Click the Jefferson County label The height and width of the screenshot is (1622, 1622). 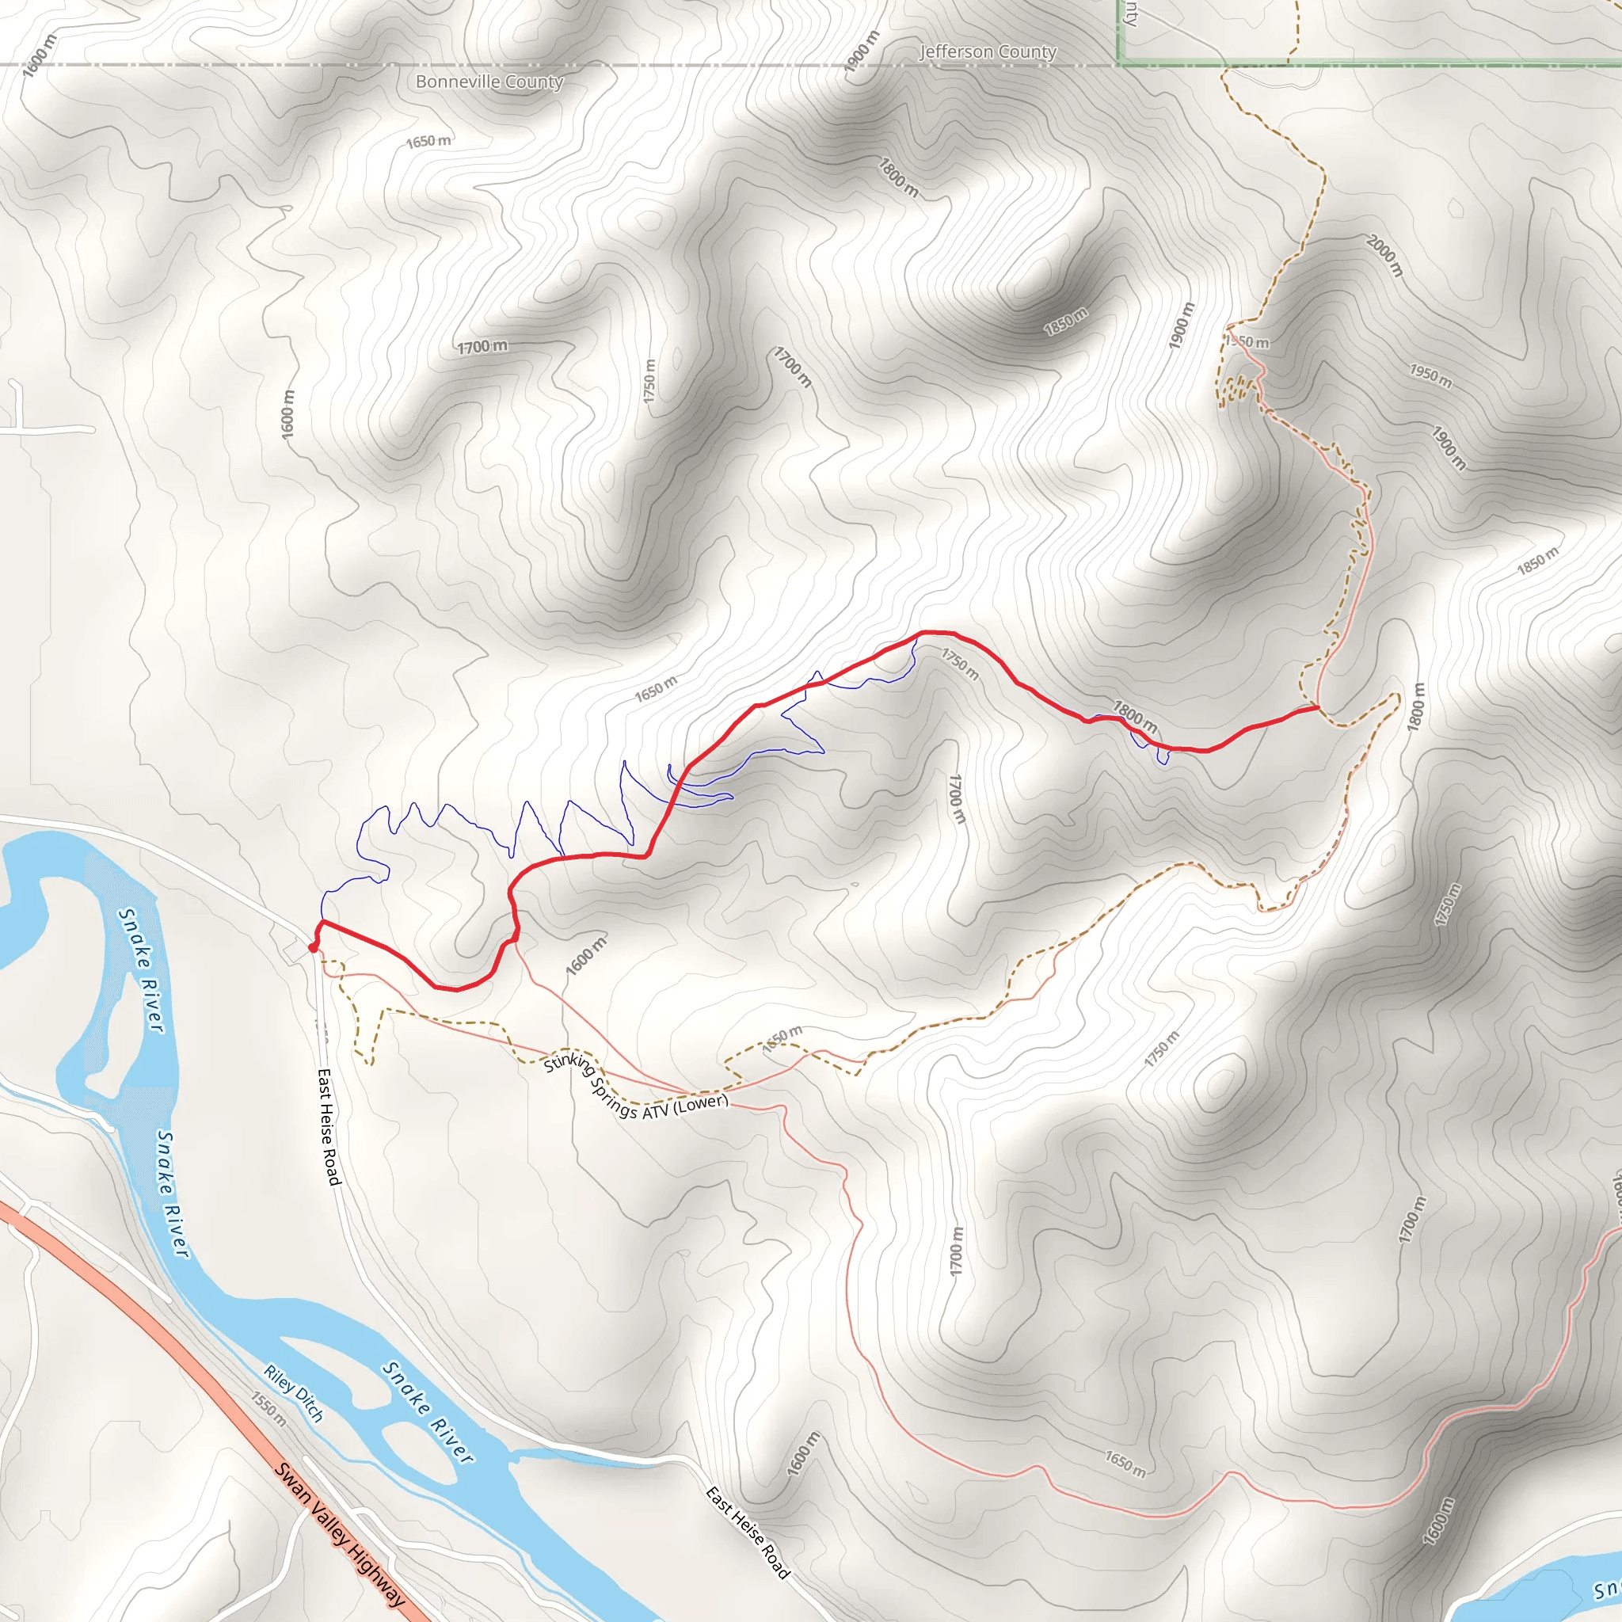coord(988,52)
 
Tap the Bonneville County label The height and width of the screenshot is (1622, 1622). coord(489,82)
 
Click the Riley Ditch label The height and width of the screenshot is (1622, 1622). coord(293,1394)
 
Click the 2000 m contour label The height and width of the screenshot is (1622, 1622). coord(1384,255)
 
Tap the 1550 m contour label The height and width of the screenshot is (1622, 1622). coord(268,1410)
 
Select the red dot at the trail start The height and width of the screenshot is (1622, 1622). coord(312,948)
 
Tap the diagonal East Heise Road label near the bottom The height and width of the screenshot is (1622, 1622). coord(747,1533)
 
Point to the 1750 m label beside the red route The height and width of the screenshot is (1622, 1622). coord(960,664)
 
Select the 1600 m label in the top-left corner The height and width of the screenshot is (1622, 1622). coord(39,55)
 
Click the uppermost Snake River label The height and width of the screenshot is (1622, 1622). coord(140,969)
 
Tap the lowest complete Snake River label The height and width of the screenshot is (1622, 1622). coord(428,1412)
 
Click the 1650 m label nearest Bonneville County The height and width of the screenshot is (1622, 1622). coord(428,141)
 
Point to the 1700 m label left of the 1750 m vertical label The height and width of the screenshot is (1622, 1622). coord(483,346)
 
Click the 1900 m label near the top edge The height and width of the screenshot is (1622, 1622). coord(862,51)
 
